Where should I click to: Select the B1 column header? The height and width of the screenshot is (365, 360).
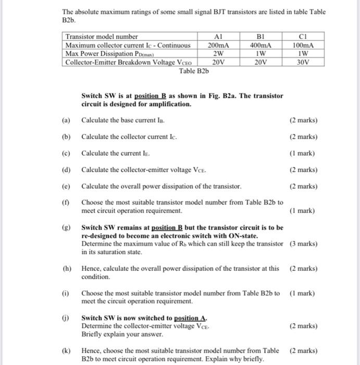[x=262, y=37]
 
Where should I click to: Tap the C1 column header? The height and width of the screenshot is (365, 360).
[x=305, y=37]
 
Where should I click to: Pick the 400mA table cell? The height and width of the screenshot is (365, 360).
[x=262, y=45]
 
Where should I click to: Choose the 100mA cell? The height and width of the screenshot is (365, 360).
[x=305, y=45]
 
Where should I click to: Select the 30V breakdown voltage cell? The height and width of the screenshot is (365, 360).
[x=305, y=62]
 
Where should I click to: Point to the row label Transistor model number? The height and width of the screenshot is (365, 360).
[x=102, y=37]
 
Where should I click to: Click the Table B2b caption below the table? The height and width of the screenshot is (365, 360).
[x=194, y=70]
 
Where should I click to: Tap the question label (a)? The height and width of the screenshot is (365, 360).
[x=66, y=120]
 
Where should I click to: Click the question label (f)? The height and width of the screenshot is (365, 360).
[x=66, y=202]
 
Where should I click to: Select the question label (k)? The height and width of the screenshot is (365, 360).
[x=66, y=351]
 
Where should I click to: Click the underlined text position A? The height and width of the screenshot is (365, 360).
[x=190, y=318]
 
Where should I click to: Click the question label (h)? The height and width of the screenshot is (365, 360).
[x=66, y=269]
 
